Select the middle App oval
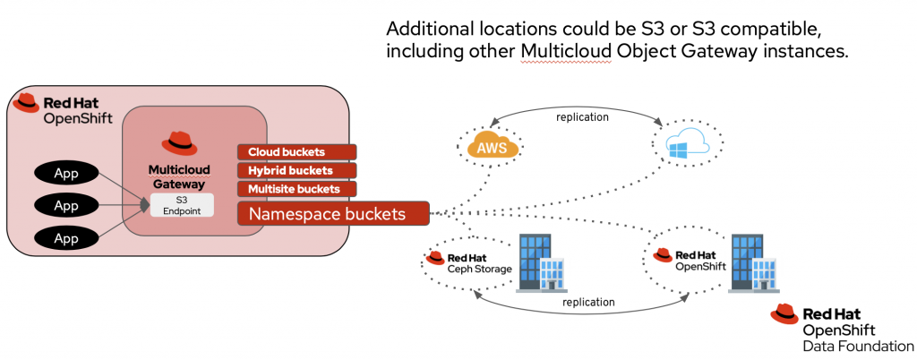click(x=66, y=207)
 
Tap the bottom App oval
click(x=66, y=238)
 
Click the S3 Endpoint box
click(x=183, y=204)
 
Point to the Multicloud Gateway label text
click(x=179, y=176)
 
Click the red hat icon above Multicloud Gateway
click(x=179, y=142)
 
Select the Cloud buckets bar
click(x=296, y=151)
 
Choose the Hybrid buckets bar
click(x=296, y=170)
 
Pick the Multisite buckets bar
click(x=296, y=189)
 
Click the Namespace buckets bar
click(x=332, y=214)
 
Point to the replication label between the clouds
click(x=582, y=117)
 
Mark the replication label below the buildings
click(x=589, y=303)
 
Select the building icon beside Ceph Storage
click(x=541, y=260)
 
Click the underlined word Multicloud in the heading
click(x=564, y=51)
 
